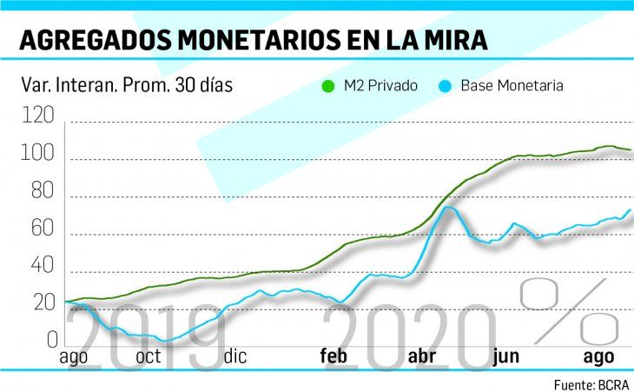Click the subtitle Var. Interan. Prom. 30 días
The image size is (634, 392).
126,85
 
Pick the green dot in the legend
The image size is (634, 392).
327,86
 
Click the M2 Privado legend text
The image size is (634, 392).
381,86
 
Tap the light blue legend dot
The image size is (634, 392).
446,86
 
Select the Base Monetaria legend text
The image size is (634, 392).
512,86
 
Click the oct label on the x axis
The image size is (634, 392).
148,356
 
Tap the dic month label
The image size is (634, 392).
234,356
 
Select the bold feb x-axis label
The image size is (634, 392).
334,356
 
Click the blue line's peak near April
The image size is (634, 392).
447,207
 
